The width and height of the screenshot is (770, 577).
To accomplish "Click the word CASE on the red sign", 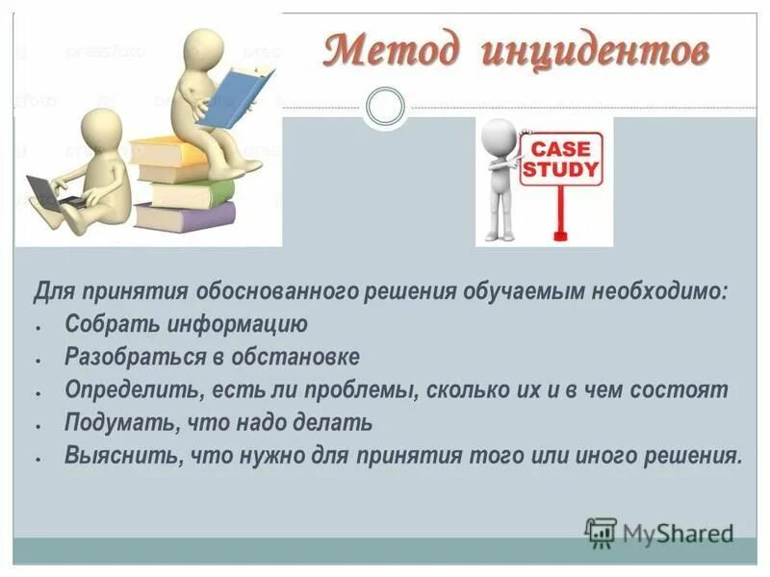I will coord(559,150).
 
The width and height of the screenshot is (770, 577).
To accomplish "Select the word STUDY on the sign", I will coord(559,172).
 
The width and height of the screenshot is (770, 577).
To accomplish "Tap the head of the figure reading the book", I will coord(204,47).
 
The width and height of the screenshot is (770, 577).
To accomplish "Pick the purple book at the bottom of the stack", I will coord(184,215).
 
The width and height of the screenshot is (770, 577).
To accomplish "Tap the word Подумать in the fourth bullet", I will coord(112,422).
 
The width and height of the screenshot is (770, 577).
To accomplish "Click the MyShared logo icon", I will coord(601,531).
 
